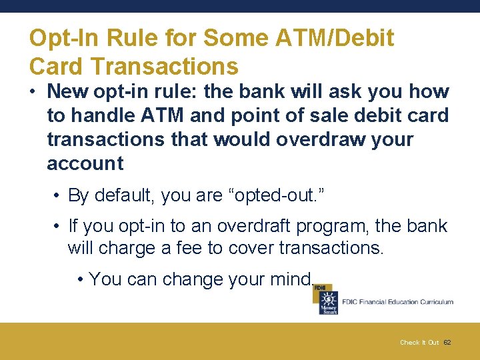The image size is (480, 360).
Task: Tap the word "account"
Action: pos(85,164)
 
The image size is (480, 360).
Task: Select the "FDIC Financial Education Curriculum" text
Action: pos(397,302)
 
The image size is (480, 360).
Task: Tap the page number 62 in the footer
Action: pos(447,343)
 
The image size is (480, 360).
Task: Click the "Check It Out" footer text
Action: pos(419,343)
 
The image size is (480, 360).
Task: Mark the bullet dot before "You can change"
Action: pos(80,279)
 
